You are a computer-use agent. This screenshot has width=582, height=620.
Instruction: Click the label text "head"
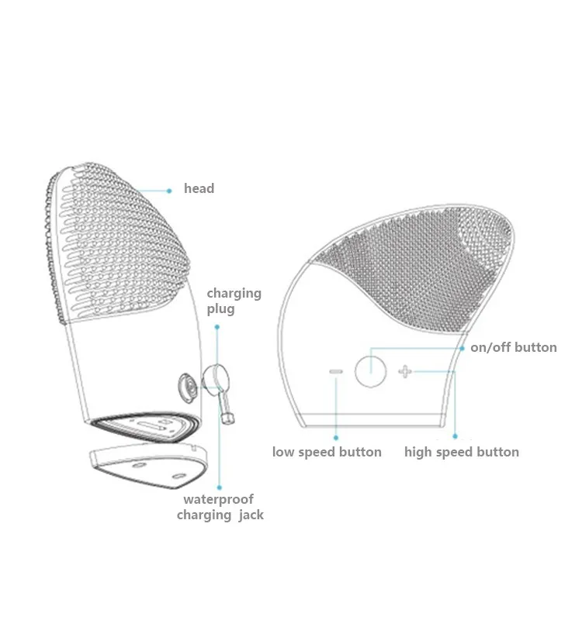(x=199, y=188)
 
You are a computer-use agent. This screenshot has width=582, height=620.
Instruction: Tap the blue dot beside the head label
(x=169, y=188)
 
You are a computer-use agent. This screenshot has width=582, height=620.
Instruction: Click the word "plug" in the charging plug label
(x=220, y=308)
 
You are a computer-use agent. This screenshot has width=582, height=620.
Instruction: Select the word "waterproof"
(x=218, y=499)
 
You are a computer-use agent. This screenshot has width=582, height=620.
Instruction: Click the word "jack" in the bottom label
(x=250, y=515)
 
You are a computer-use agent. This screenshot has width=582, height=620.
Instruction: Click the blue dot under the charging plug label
(x=217, y=328)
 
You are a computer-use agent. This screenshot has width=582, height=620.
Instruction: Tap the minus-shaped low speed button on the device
(x=336, y=372)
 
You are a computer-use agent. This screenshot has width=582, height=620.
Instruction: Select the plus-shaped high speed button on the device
(x=405, y=372)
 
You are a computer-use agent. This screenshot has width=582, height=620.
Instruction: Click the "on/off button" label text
(x=514, y=347)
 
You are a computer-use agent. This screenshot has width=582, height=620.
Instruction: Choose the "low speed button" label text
(x=327, y=452)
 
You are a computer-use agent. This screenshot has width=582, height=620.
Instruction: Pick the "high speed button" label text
(x=462, y=452)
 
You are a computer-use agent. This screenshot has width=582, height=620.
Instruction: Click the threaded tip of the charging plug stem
(x=229, y=419)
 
